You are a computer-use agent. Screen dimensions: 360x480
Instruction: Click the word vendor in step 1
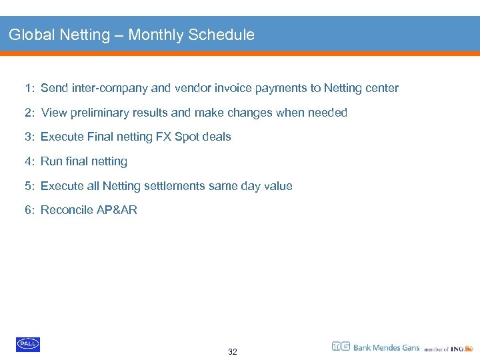tap(191, 88)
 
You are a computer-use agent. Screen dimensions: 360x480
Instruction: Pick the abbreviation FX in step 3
tap(163, 137)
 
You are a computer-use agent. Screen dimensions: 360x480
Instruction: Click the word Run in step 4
tap(51, 161)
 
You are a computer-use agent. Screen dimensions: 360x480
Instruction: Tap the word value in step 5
tap(277, 186)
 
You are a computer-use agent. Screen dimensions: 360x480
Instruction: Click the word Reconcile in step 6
tap(67, 210)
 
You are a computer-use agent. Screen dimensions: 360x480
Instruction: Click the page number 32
tap(232, 351)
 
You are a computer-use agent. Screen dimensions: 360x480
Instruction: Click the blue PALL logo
tap(28, 344)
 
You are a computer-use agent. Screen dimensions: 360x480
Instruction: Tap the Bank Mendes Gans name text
tap(386, 347)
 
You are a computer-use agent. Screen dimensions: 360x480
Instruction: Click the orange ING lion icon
tap(469, 347)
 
